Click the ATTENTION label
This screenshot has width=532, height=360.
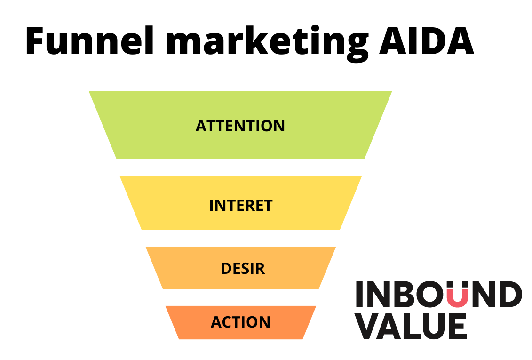pos(240,126)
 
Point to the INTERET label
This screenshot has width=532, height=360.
pos(241,206)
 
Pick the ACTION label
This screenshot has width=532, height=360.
pos(240,322)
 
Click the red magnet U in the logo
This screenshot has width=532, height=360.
pos(457,294)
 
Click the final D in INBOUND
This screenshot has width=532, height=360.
pos(510,295)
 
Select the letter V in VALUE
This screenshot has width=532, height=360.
pos(369,325)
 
